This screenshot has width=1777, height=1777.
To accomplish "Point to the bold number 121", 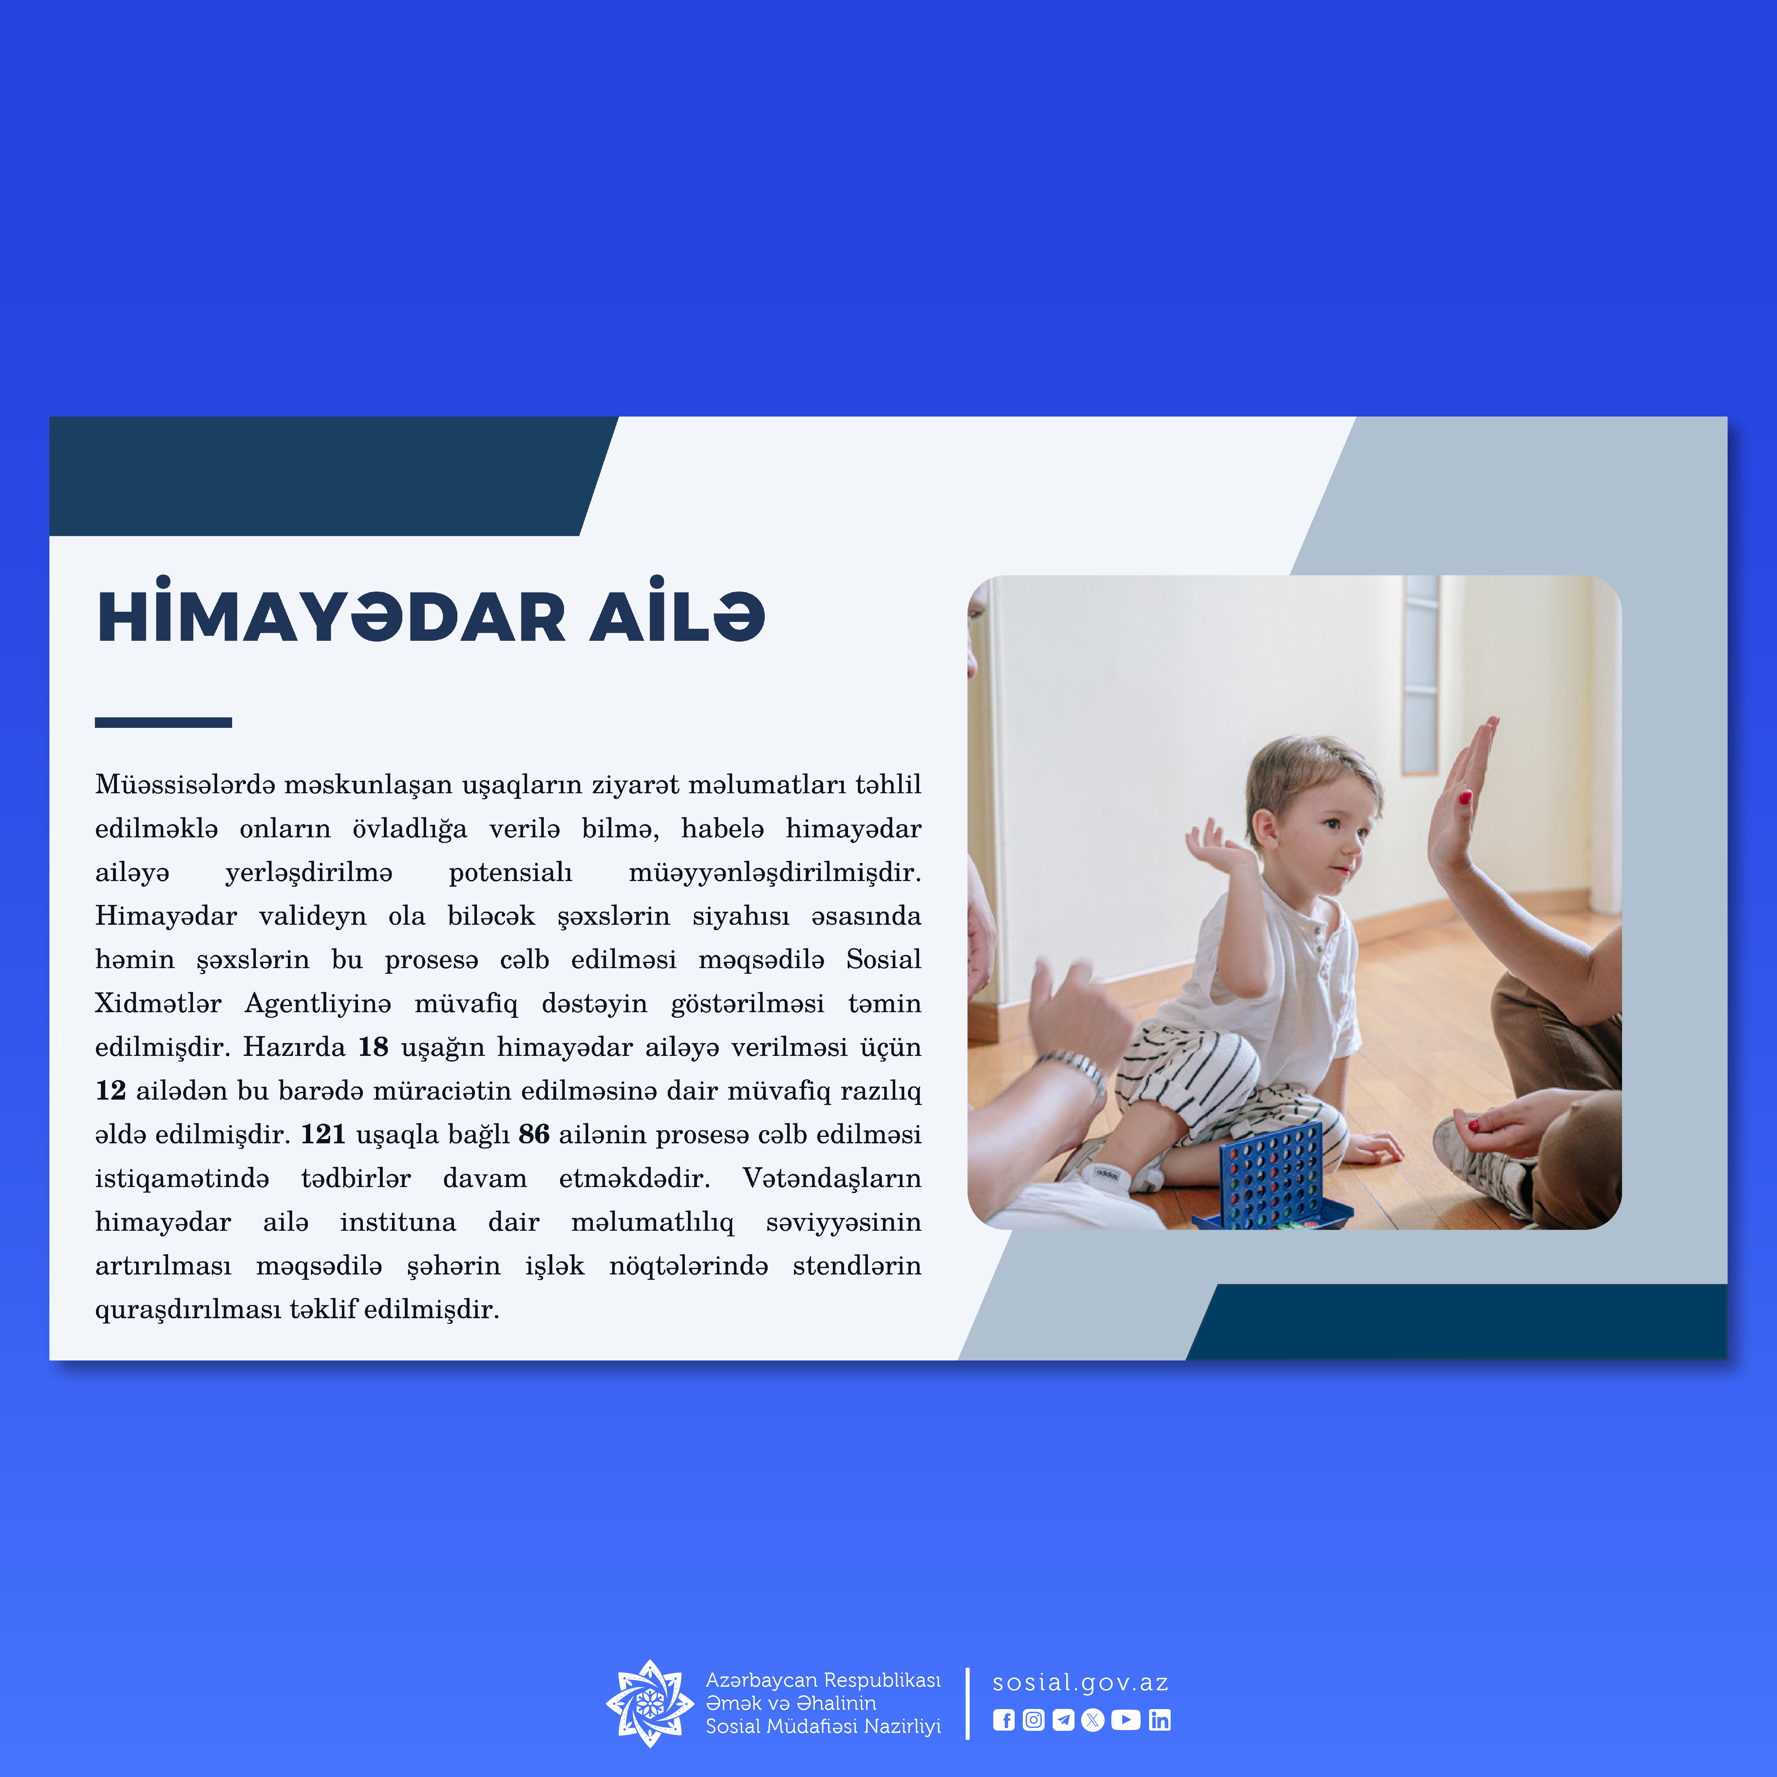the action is click(x=323, y=1134).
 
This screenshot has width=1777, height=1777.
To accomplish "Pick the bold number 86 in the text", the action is click(x=533, y=1134).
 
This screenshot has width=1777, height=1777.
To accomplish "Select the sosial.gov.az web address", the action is click(x=1080, y=1682).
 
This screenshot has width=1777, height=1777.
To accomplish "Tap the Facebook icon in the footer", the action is click(x=1003, y=1720).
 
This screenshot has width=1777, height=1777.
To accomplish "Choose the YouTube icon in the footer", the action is click(x=1126, y=1720).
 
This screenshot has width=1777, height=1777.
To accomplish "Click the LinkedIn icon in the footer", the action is click(x=1160, y=1720).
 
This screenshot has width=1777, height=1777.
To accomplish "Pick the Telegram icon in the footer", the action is click(x=1063, y=1720).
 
